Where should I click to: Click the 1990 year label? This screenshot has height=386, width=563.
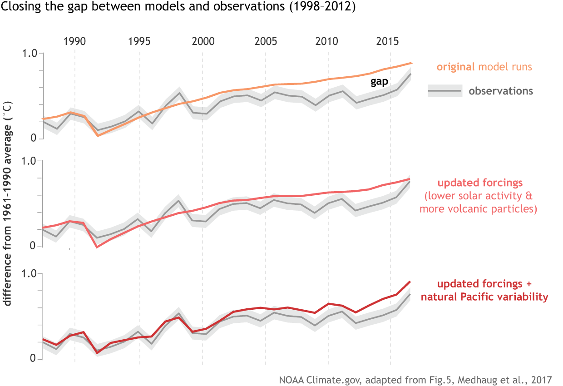coord(75,41)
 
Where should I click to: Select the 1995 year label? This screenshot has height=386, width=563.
coord(139,41)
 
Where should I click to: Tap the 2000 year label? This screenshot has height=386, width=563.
coord(203,41)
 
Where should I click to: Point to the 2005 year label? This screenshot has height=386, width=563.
coord(266,41)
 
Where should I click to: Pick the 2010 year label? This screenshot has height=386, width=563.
coord(328,41)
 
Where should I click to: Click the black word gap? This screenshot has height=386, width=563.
coord(379,82)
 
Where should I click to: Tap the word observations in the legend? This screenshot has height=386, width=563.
coord(501,91)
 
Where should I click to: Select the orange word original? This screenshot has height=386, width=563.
coord(455,67)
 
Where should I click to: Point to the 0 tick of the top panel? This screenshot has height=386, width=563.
coord(33,139)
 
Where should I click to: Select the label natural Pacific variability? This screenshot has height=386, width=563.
coord(484,297)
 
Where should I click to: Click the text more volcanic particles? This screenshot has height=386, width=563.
coord(479,209)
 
